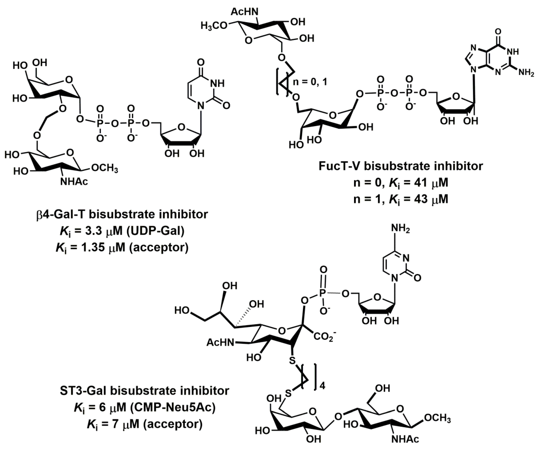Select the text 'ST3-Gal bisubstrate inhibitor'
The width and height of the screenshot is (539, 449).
(144, 391)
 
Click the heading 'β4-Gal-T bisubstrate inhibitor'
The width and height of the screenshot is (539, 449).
(122, 214)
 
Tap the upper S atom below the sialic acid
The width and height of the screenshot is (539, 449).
(292, 360)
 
